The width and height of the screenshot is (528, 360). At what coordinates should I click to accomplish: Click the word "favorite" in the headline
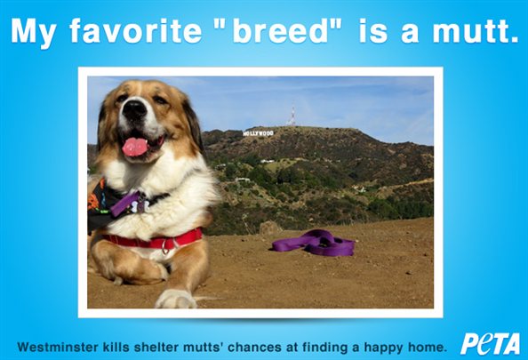coord(135,30)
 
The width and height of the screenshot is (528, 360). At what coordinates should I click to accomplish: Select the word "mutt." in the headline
coord(476,30)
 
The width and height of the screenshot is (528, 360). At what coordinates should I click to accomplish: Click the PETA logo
coord(490,343)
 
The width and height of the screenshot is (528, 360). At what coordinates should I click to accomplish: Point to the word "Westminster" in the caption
coord(58,347)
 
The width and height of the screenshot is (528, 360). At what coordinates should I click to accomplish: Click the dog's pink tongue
coord(135,148)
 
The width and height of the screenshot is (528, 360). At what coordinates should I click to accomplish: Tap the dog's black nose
coord(134,108)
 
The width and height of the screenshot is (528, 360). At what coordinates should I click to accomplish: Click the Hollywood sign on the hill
coord(258,133)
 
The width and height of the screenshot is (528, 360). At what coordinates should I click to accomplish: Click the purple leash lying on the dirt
coord(314,242)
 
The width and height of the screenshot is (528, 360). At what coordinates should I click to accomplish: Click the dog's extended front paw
coord(176,298)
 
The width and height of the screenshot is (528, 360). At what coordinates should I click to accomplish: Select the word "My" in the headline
coord(33,33)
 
